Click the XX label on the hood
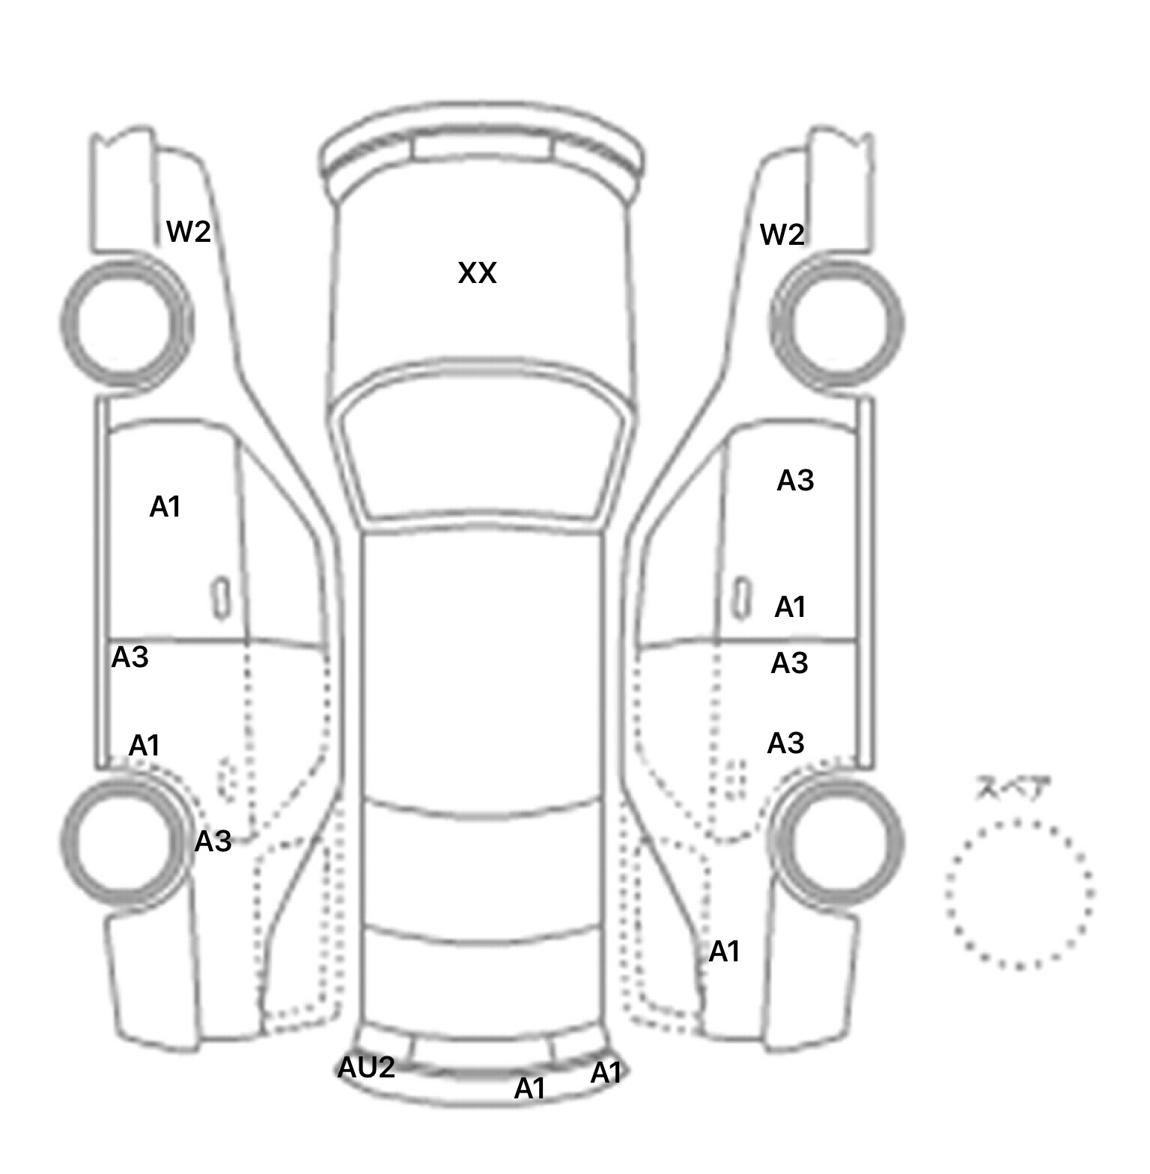click(477, 273)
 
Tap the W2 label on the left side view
click(189, 231)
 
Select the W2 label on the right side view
click(782, 235)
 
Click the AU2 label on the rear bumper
click(366, 1068)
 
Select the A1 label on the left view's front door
click(165, 508)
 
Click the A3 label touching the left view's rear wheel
click(213, 842)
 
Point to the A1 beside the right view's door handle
click(791, 607)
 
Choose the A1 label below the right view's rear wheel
click(725, 952)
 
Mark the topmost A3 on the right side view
click(795, 481)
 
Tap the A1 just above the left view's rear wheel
click(144, 746)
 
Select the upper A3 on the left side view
click(130, 657)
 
